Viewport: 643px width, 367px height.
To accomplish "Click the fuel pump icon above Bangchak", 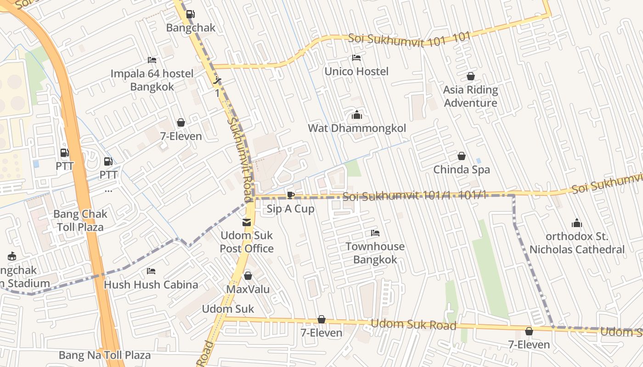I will pos(190,14).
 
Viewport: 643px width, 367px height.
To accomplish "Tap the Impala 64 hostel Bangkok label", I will pos(152,80).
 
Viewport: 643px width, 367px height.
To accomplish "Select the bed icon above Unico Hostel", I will pos(356,58).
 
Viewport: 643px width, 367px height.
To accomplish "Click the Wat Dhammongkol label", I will pos(357,128).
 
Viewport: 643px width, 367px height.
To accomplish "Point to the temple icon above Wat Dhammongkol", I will pos(357,115).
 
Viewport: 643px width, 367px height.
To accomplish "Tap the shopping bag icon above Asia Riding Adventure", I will pos(470,76).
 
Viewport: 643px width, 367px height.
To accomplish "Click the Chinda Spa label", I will pos(462,169).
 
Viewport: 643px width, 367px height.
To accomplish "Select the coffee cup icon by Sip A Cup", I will pos(290,195).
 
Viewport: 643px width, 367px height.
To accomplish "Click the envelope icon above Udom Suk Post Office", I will pos(247,222).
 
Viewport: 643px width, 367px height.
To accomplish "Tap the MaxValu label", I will pos(248,289).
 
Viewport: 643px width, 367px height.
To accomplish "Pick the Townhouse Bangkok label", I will pos(375,253).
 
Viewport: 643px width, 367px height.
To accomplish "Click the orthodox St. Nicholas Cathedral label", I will pos(577,243).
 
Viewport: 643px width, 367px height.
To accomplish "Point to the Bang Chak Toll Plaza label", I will pos(80,220).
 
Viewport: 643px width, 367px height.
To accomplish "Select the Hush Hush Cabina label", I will pos(151,284).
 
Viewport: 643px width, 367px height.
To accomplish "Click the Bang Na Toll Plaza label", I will pos(105,355).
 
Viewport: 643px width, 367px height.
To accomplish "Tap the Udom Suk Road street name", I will pos(413,324).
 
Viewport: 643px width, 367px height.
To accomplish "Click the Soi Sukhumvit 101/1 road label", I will pos(413,196).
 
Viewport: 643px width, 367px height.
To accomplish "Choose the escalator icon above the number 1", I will pos(217,81).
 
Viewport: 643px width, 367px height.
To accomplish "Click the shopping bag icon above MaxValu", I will pos(248,276).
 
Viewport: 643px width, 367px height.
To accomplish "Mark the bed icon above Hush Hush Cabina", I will pos(151,271).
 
